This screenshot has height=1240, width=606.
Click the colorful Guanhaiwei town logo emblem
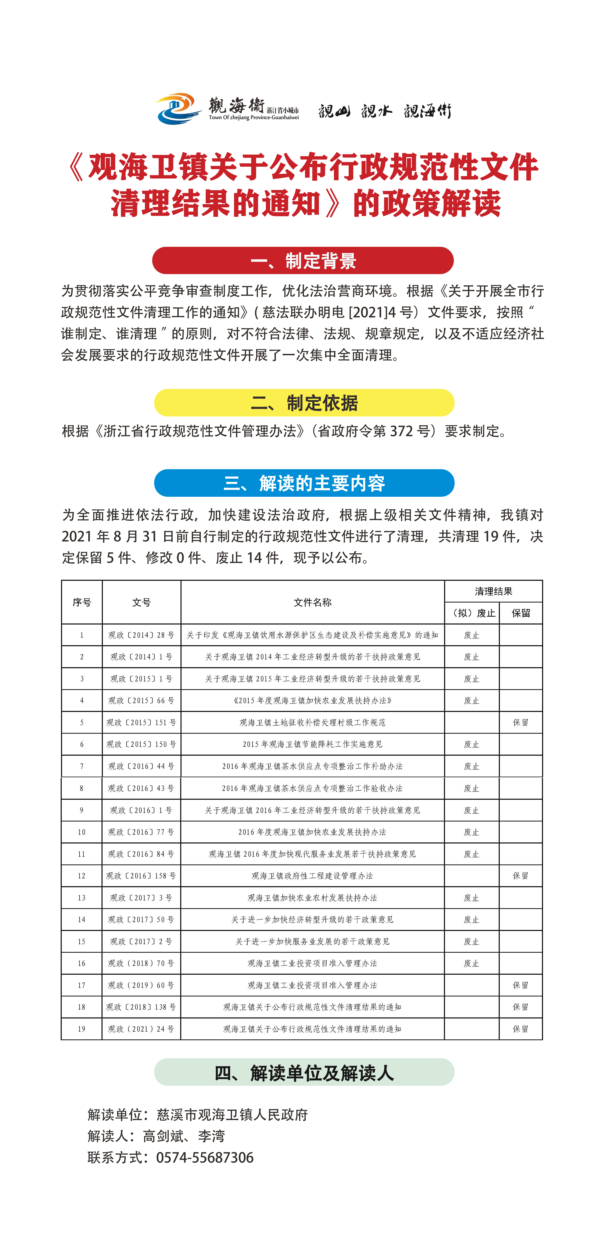click(x=177, y=108)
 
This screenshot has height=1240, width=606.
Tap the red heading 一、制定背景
click(x=303, y=260)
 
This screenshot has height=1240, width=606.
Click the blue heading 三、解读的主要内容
click(x=304, y=483)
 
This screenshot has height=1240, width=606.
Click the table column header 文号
click(x=142, y=602)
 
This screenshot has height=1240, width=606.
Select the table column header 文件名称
click(x=313, y=602)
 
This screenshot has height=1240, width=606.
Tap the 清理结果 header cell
click(x=493, y=591)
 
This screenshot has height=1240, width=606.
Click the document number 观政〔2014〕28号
click(x=142, y=635)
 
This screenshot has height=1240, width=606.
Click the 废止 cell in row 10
click(x=472, y=832)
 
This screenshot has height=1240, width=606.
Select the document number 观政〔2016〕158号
click(x=142, y=876)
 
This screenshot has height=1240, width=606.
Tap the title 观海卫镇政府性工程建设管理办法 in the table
click(x=313, y=876)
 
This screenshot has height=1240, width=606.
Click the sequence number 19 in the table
click(x=81, y=1029)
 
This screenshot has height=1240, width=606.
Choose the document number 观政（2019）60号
click(x=142, y=985)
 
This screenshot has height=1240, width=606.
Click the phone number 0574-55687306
click(x=205, y=1157)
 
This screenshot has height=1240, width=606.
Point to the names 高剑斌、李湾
click(x=184, y=1136)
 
